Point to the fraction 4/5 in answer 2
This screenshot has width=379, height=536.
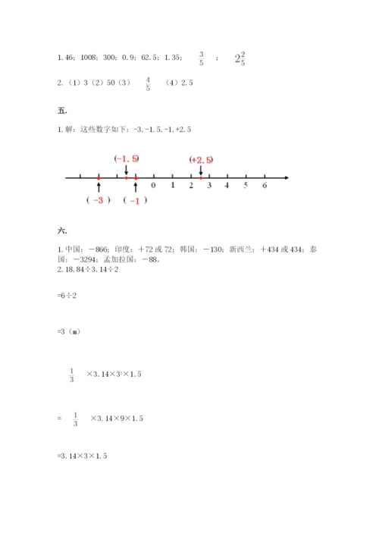(x=148, y=83)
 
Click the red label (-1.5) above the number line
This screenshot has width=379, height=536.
(x=126, y=158)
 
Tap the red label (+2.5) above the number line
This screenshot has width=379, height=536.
(x=201, y=159)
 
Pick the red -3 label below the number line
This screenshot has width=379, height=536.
(x=99, y=200)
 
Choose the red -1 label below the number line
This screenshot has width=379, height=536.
(x=135, y=200)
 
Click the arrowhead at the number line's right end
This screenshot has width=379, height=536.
(x=287, y=178)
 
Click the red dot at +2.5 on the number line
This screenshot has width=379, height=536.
(x=200, y=178)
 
